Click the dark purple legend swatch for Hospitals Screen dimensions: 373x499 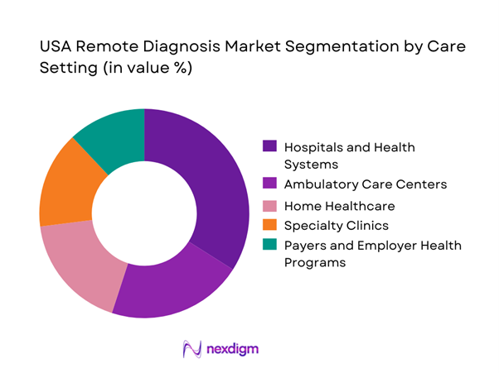(269, 146)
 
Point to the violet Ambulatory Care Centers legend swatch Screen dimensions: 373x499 (269, 184)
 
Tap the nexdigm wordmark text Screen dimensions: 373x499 (232, 348)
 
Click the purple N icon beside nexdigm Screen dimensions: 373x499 (192, 348)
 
